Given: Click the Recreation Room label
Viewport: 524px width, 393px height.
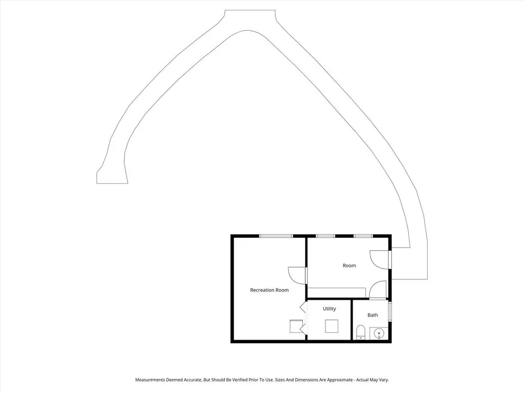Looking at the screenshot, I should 269,290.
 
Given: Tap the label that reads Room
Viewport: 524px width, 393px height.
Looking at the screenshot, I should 349,266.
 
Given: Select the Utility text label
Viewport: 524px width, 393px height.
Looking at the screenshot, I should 329,309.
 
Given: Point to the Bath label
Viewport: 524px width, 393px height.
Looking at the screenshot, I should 373,315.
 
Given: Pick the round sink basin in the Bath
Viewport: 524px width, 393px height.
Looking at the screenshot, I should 379,334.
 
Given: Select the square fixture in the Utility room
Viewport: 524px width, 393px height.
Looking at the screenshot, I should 332,326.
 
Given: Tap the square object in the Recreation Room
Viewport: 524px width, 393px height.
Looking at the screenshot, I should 296,326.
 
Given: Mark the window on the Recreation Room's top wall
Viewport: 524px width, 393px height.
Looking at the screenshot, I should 276,236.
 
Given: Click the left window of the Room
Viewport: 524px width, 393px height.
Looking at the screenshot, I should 325,236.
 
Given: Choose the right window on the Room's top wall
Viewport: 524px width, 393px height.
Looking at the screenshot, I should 363,236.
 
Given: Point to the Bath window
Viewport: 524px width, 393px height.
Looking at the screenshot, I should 390,312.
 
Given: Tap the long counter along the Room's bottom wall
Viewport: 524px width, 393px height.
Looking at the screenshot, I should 336,292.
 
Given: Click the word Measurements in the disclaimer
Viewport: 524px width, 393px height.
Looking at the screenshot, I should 150,380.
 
